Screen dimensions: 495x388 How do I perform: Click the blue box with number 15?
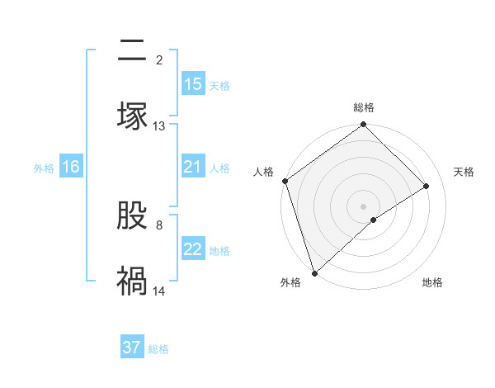(x=193, y=84)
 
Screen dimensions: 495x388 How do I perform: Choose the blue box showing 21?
(x=193, y=167)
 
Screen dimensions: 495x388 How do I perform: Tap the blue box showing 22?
(x=193, y=249)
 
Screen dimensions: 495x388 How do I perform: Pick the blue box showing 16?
(x=71, y=167)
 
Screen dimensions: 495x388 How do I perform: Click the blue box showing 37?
(x=132, y=348)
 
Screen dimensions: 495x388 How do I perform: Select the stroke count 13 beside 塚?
(x=159, y=126)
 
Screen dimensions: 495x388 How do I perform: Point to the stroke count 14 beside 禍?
(x=159, y=291)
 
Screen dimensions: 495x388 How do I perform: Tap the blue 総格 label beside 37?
(x=158, y=349)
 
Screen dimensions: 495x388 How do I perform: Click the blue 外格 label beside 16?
(x=44, y=168)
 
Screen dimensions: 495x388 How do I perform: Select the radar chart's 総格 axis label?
(x=364, y=107)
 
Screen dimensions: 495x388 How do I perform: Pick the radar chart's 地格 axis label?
(x=432, y=283)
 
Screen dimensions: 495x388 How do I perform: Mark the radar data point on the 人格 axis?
(x=285, y=181)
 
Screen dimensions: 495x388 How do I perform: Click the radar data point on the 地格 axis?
(x=374, y=220)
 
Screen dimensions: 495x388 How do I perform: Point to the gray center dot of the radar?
(x=364, y=206)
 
